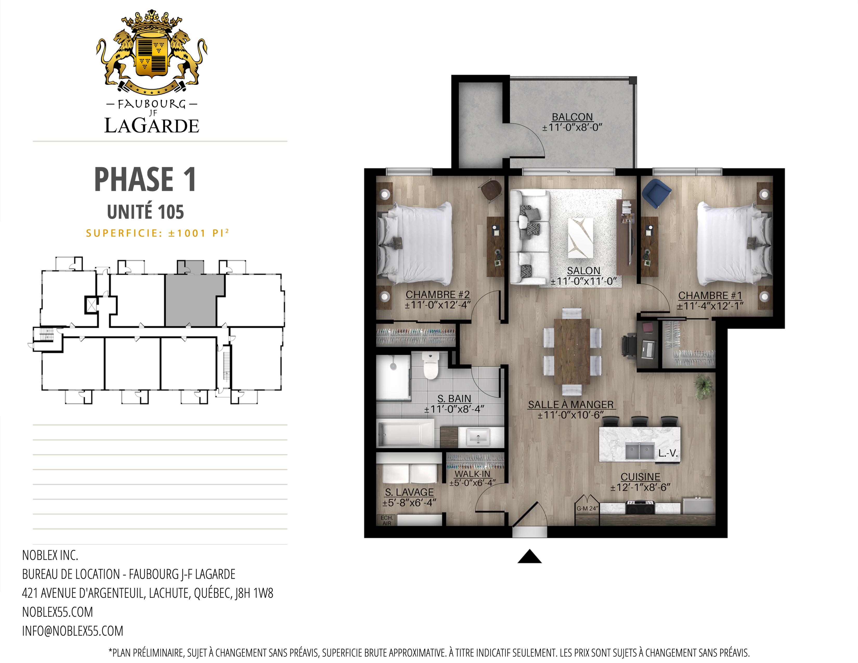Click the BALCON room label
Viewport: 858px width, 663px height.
click(x=572, y=117)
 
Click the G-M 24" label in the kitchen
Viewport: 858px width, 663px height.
click(x=587, y=508)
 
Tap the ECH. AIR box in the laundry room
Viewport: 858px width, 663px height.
click(x=387, y=520)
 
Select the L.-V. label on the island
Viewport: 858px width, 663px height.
click(x=668, y=453)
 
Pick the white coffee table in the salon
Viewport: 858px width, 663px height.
click(x=580, y=238)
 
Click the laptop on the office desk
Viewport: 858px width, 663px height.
click(x=647, y=349)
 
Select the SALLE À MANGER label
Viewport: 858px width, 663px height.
click(x=570, y=405)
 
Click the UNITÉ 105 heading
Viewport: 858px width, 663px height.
click(x=145, y=212)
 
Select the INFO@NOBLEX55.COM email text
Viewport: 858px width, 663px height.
click(x=73, y=631)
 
